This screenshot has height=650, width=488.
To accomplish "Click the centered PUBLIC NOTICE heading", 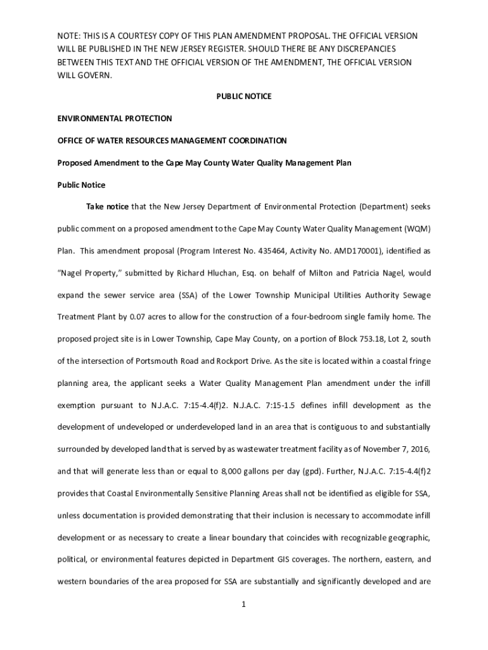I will [x=244, y=96].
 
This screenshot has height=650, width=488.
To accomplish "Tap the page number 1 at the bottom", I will [x=243, y=604].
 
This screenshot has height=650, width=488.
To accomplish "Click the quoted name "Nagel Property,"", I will [x=88, y=273].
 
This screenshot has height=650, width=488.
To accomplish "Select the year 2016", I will [x=418, y=449].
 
